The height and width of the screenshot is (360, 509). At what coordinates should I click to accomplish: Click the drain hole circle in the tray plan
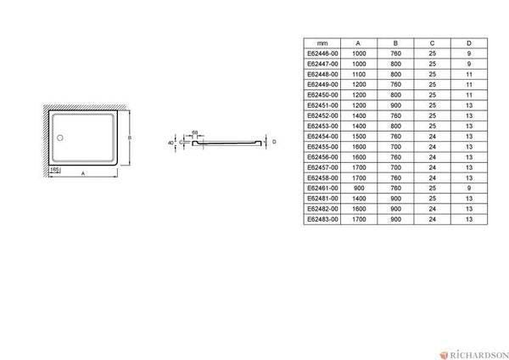pos(59,138)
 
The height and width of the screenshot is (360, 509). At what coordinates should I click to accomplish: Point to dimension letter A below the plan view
pos(83,173)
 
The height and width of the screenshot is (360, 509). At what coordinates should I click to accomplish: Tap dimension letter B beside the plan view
pos(130,138)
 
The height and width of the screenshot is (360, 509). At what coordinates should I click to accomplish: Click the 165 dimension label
pos(54,169)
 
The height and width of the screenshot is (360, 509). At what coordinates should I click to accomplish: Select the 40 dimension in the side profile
pos(171,143)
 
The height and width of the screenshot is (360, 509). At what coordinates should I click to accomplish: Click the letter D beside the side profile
pos(274,142)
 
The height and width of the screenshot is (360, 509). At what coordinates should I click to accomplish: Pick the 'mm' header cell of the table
pos(322,43)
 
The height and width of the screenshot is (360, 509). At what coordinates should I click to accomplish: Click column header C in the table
pos(432,43)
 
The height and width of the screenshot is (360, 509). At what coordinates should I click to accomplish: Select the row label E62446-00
pos(322,53)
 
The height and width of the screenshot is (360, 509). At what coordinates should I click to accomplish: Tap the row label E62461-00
pos(322,188)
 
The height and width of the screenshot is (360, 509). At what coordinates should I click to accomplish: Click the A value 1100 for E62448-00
pos(359,75)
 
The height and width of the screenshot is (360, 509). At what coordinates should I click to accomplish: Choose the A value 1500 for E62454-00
pos(359,137)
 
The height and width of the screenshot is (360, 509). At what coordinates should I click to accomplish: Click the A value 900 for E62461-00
pos(359,188)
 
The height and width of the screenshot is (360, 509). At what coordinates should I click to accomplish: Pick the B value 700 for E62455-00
pos(395,147)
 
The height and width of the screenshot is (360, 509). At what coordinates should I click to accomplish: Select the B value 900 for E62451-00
pos(395,105)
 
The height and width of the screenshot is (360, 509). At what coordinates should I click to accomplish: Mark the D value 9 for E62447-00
pos(469,64)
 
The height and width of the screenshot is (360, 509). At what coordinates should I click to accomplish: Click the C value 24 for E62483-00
pos(432,219)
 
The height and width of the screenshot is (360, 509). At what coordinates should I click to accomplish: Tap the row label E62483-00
pos(322,219)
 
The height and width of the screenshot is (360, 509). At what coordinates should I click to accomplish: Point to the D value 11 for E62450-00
pos(469,95)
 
